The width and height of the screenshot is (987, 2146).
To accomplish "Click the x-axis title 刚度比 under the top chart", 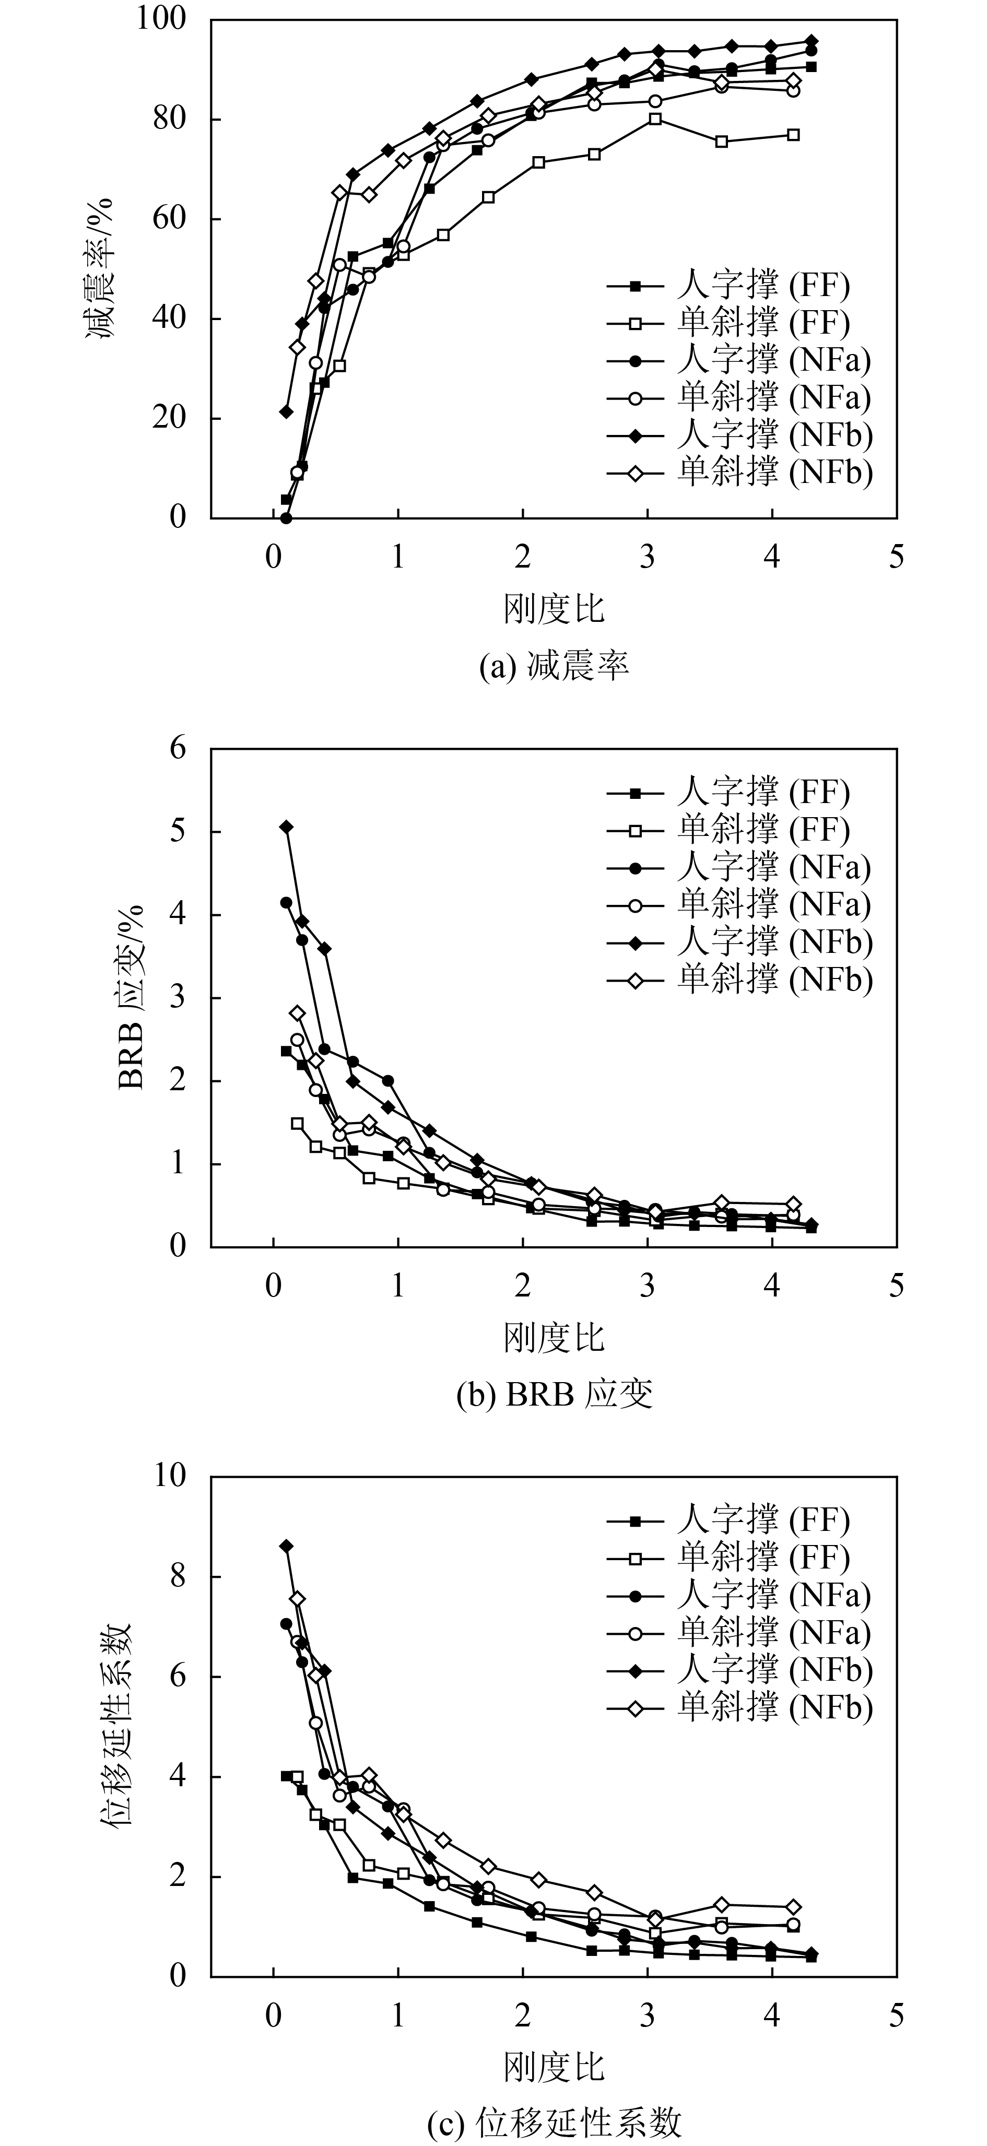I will (x=554, y=609).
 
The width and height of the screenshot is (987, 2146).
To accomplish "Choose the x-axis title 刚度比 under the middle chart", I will (x=554, y=1337).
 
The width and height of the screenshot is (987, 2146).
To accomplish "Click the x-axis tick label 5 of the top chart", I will (x=896, y=557).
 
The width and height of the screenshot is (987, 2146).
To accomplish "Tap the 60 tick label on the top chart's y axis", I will (x=170, y=219).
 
